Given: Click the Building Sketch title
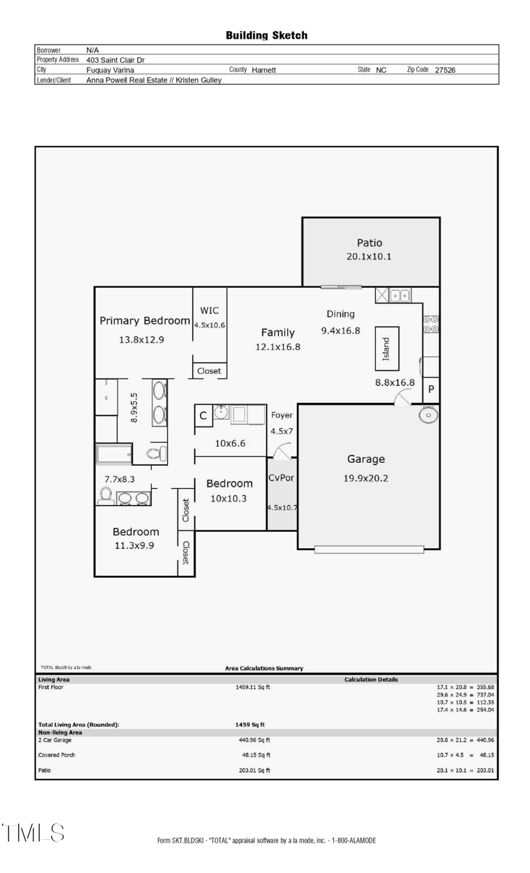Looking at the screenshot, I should tap(266, 36).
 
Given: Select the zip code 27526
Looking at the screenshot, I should tap(445, 70).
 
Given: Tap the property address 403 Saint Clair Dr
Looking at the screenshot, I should tap(115, 60).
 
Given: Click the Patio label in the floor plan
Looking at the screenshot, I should tap(369, 243).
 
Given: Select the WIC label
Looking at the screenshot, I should tap(209, 310).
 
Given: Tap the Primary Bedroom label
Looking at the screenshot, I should tap(144, 321).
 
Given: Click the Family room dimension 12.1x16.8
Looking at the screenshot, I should tap(278, 347).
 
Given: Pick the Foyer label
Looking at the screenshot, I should tap(282, 416).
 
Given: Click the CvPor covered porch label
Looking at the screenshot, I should tap(281, 478).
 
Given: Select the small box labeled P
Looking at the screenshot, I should tap(431, 390).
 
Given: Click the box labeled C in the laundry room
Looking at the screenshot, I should tap(203, 416).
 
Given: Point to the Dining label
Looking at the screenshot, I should tap(341, 314).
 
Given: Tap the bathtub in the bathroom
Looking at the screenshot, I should tap(114, 454).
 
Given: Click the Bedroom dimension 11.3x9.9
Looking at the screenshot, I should tap(135, 546).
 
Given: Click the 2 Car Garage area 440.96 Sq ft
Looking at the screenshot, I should tap(254, 740).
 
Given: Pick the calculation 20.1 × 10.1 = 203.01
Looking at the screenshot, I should tap(465, 771).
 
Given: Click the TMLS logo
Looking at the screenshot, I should tap(33, 833).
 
